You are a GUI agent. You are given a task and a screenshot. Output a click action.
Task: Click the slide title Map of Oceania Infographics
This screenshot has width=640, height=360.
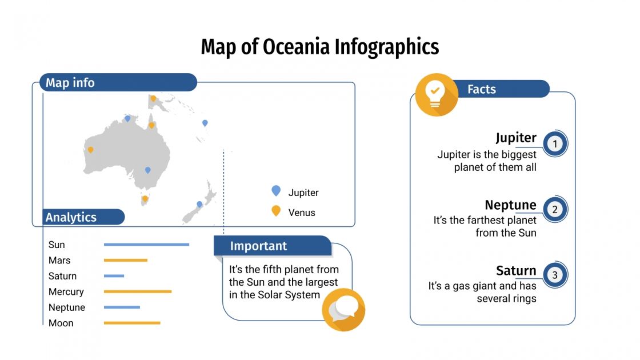coord(319,47)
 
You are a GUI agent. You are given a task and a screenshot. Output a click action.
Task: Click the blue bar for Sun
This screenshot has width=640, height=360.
coord(146,245)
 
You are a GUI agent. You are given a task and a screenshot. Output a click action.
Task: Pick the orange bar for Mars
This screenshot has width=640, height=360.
coord(125,261)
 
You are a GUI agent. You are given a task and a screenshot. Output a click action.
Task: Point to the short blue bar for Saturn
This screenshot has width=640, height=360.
coord(114,276)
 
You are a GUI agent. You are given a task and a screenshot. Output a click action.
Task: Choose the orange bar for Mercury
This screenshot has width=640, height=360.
coord(137,291)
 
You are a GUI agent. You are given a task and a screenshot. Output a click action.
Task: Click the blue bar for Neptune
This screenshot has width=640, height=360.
coord(122,307)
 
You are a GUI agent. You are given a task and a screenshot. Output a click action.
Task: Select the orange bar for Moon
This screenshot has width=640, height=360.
coord(132,323)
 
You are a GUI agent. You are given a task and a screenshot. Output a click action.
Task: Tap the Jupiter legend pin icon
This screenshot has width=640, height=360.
coord(276,191)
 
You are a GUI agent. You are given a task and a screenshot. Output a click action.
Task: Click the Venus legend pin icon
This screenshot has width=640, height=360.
coord(276,211)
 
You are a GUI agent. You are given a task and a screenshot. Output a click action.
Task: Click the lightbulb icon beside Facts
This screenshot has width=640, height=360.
coord(437,95)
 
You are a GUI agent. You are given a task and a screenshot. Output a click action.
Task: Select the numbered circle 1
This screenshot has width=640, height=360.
coord(554,144)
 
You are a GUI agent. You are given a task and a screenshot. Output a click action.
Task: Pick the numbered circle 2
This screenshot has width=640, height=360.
coord(554,210)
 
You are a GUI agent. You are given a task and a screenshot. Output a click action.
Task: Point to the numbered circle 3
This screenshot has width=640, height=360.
coord(554,275)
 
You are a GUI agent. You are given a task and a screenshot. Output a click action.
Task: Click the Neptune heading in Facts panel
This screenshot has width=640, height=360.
coord(510,205)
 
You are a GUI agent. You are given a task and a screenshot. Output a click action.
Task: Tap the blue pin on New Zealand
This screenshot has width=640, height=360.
coord(199,204)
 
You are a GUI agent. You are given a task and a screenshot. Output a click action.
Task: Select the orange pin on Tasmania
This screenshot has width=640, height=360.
coord(145,199)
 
